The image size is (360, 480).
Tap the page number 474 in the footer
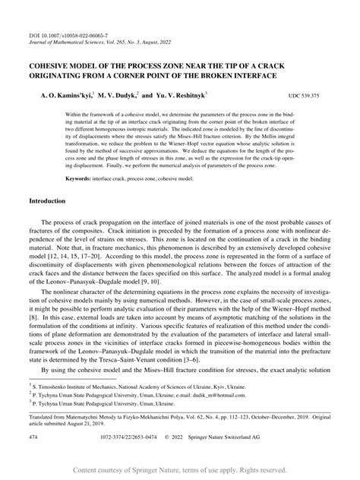(34, 438)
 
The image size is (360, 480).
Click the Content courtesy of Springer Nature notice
(180, 470)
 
